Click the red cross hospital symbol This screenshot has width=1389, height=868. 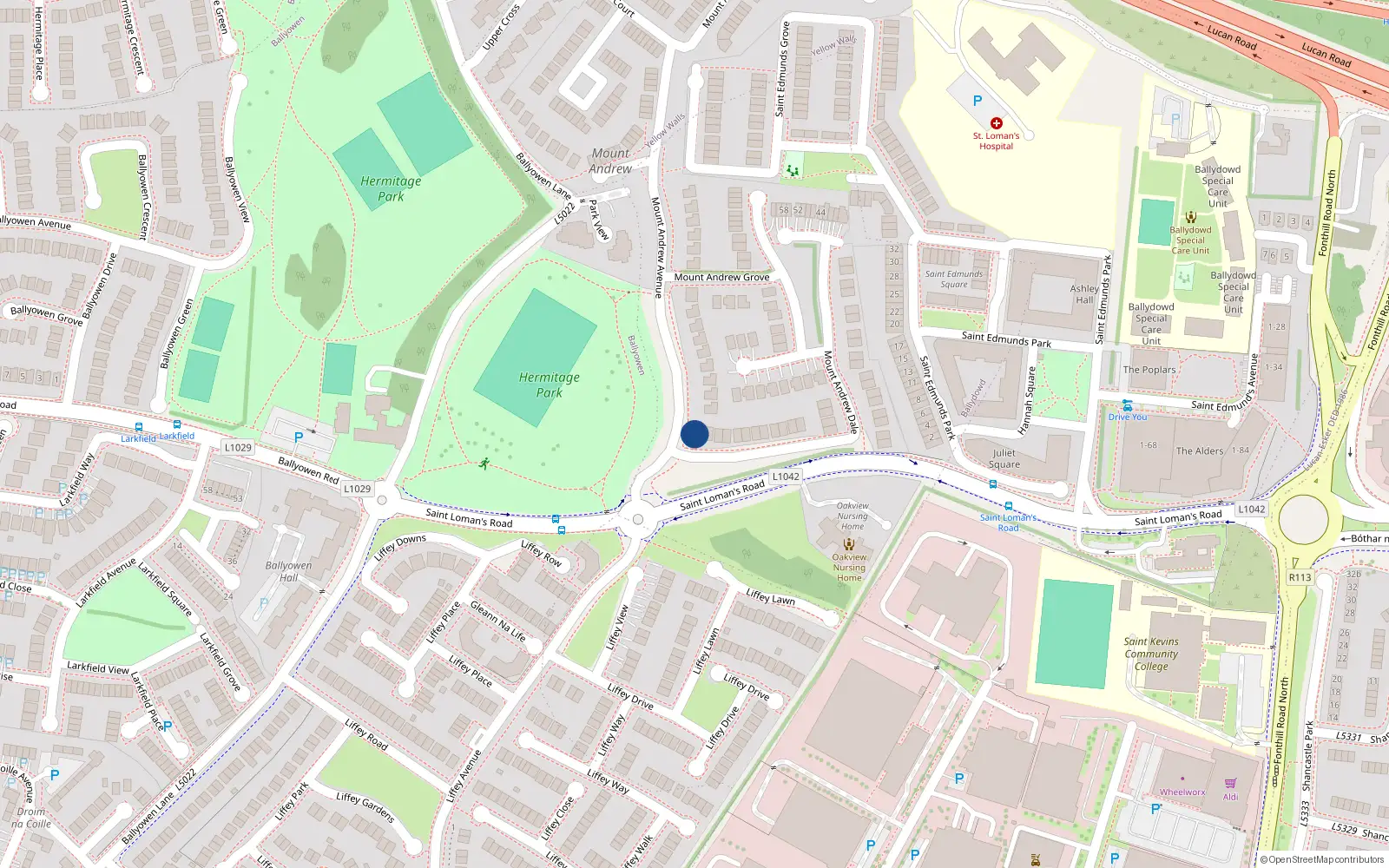coord(997,123)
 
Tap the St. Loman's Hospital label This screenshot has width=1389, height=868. coord(996,141)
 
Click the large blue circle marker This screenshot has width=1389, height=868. coord(694,434)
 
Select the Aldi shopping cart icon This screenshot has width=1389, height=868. coord(1230,784)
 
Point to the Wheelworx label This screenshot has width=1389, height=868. coord(1182,792)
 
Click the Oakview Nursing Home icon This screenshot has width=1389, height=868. coord(849,544)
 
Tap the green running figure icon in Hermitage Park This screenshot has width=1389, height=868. coord(484,464)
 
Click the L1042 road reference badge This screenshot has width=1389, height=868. coord(786,477)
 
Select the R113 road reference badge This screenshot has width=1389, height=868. coord(1300,577)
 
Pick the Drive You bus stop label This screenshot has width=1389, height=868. coord(1127,418)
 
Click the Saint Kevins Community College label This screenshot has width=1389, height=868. coord(1151,654)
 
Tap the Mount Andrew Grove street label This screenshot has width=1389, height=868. coord(721,277)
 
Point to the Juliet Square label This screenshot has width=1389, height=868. coord(1004,458)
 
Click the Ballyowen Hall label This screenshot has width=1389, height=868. coord(288,571)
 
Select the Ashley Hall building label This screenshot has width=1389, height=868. coord(1084,294)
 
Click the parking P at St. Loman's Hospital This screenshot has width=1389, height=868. coord(978,101)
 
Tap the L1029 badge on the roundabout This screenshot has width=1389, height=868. coord(357,489)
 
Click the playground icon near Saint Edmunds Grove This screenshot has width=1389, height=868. coord(792,170)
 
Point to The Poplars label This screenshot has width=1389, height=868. coord(1149,370)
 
